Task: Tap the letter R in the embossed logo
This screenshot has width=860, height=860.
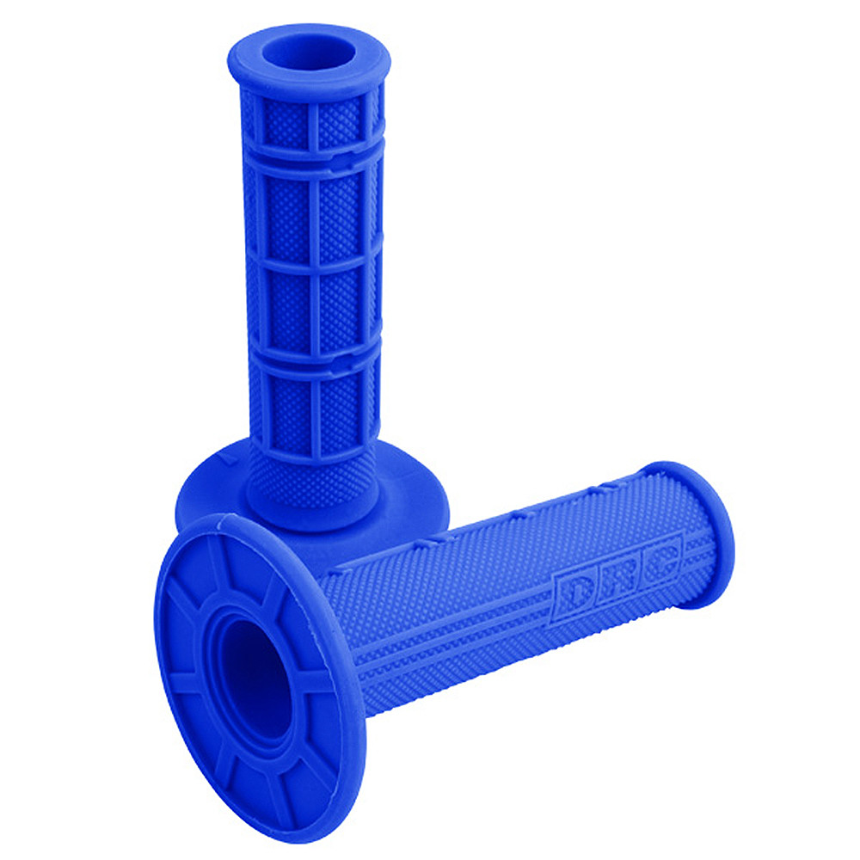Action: click(617, 579)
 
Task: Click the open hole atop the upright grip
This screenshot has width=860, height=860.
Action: click(308, 53)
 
